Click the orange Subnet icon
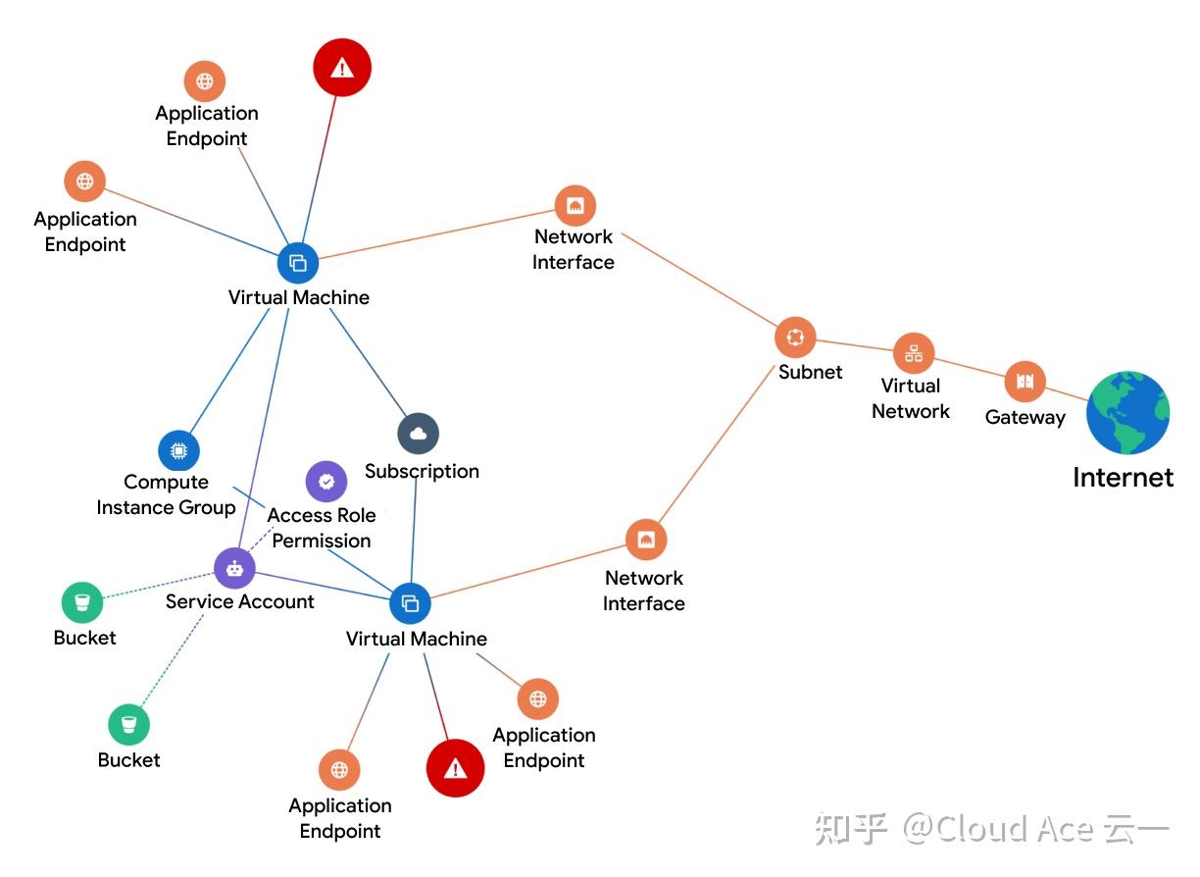click(x=795, y=337)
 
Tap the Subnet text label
click(x=811, y=372)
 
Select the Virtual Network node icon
click(x=914, y=354)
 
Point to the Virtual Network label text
click(x=911, y=398)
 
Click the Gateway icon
click(x=1025, y=382)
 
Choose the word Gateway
click(x=1025, y=417)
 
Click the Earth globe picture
click(x=1128, y=413)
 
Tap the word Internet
click(x=1123, y=478)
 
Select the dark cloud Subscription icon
click(x=419, y=434)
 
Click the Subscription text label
click(x=422, y=471)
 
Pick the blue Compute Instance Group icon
click(x=178, y=451)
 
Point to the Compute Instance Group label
click(x=166, y=494)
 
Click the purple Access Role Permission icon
click(x=326, y=482)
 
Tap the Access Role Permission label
click(x=322, y=528)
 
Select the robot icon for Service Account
click(x=234, y=568)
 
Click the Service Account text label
click(x=240, y=601)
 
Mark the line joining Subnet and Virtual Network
click(x=854, y=345)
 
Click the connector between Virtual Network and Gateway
click(x=970, y=368)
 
